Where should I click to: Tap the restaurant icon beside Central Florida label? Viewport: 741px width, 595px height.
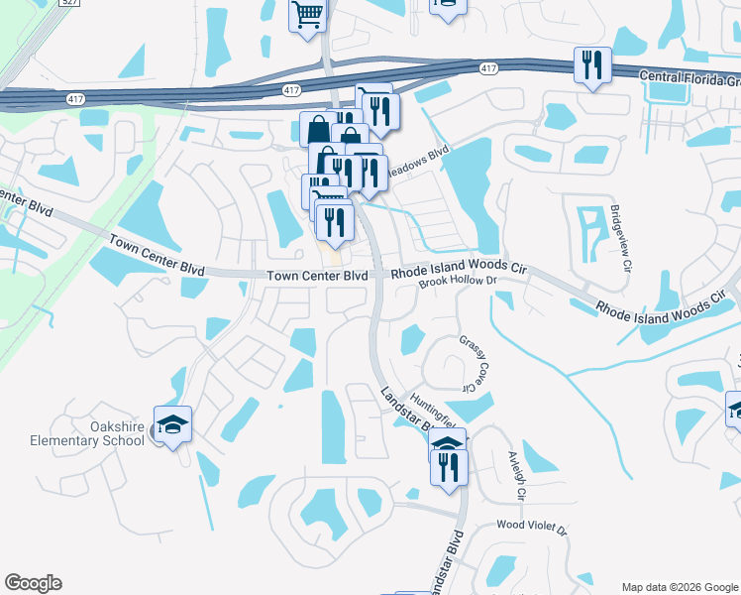pyautogui.click(x=592, y=65)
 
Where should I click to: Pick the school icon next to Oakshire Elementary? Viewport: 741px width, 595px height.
pyautogui.click(x=172, y=424)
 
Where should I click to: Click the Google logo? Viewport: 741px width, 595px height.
pyautogui.click(x=33, y=583)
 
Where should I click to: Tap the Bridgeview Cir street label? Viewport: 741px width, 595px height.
pyautogui.click(x=620, y=233)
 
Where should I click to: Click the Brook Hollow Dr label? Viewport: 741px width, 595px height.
pyautogui.click(x=456, y=283)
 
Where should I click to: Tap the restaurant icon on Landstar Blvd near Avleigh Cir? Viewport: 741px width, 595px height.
pyautogui.click(x=449, y=465)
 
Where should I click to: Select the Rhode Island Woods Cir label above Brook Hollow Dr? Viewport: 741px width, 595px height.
pyautogui.click(x=458, y=269)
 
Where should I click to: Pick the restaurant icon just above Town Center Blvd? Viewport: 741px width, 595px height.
pyautogui.click(x=335, y=222)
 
